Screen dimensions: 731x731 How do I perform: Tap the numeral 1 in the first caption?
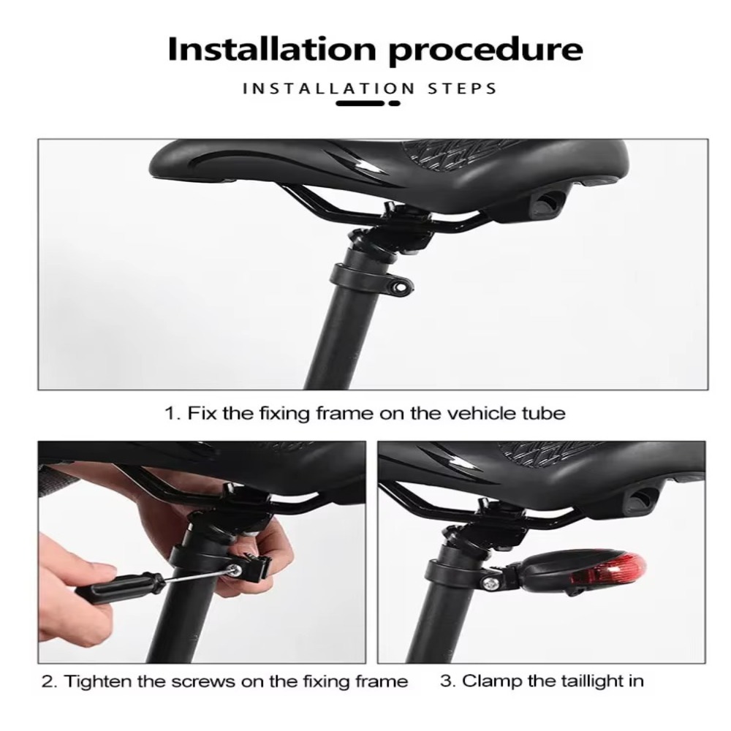[x=169, y=414]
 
